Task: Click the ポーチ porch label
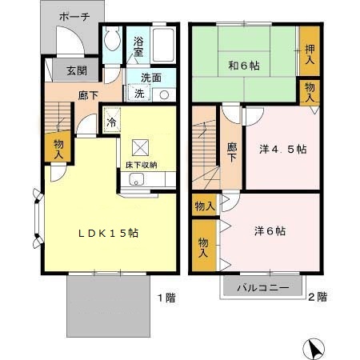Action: (x=74, y=17)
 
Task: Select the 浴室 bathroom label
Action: (x=138, y=46)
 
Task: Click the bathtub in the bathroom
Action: (x=163, y=44)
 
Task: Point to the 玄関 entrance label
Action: (x=77, y=70)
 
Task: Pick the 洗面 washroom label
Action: (x=151, y=78)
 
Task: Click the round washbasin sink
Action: (x=164, y=95)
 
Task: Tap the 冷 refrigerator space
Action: (x=112, y=120)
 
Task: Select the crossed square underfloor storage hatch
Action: (x=141, y=147)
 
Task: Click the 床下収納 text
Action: (x=142, y=165)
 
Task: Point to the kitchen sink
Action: (x=137, y=179)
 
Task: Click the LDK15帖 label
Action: (x=108, y=234)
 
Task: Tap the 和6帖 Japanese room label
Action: (x=244, y=66)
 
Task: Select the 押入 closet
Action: (x=310, y=50)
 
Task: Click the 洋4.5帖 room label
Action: (x=283, y=150)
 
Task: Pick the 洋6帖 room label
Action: (x=270, y=231)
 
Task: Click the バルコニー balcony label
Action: (x=263, y=288)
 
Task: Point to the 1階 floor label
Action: (x=166, y=298)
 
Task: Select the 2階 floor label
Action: (x=318, y=297)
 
